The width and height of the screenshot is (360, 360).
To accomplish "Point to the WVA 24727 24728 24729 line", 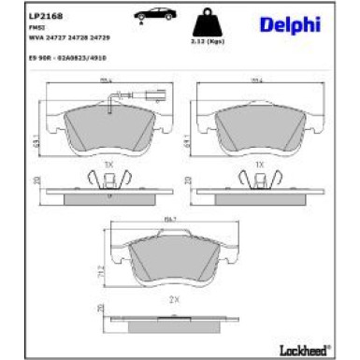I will (65, 39).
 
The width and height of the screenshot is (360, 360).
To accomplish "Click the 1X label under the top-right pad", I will (259, 164).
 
